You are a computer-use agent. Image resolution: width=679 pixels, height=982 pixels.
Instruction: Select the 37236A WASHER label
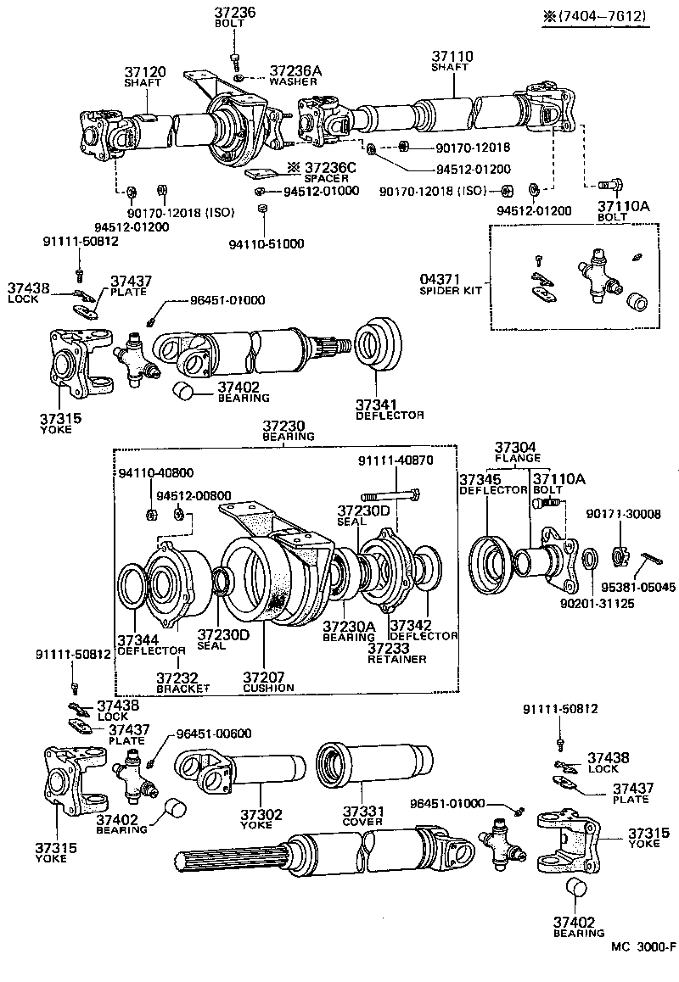pyautogui.click(x=295, y=75)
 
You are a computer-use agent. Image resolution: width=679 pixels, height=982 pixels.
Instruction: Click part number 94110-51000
pyautogui.click(x=266, y=244)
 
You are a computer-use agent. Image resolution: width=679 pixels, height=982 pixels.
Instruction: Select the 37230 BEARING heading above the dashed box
pyautogui.click(x=288, y=430)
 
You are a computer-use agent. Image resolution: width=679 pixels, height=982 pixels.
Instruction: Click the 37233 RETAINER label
pyautogui.click(x=396, y=652)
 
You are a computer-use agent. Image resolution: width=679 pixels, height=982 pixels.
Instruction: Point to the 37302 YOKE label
pyautogui.click(x=260, y=819)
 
